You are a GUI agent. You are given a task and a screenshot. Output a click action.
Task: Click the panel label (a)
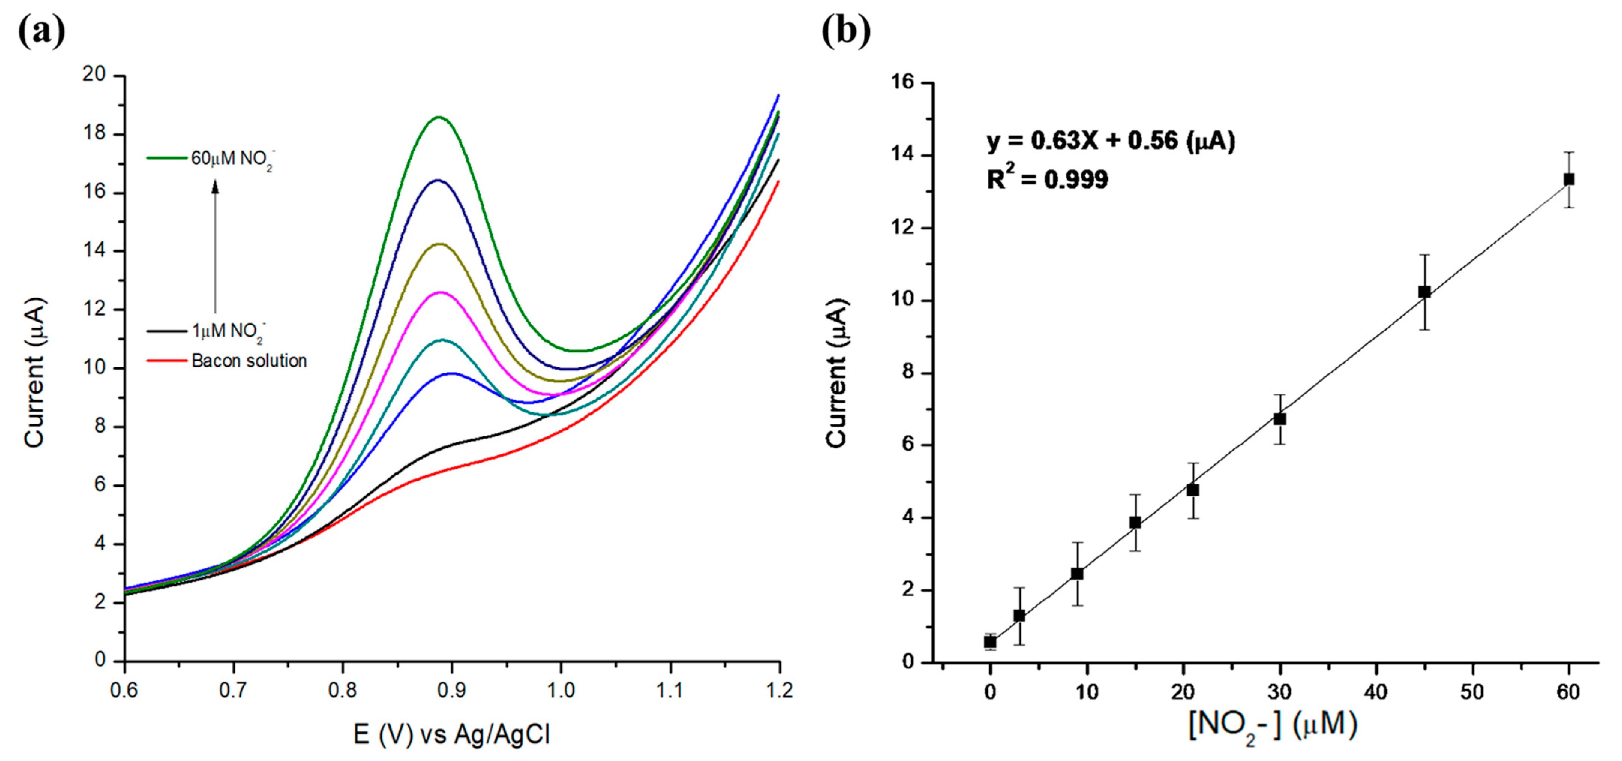click(x=42, y=31)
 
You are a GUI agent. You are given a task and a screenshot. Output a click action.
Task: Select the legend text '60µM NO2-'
click(x=232, y=159)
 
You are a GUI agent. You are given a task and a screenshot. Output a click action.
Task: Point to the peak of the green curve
click(x=439, y=117)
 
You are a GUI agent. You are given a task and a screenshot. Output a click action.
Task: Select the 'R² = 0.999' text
click(x=1046, y=180)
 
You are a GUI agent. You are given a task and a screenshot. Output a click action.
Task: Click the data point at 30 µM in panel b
click(x=1279, y=419)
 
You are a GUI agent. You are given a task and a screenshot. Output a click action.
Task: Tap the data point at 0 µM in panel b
click(x=991, y=641)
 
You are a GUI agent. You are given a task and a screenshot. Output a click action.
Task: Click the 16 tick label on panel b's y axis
click(x=903, y=83)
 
